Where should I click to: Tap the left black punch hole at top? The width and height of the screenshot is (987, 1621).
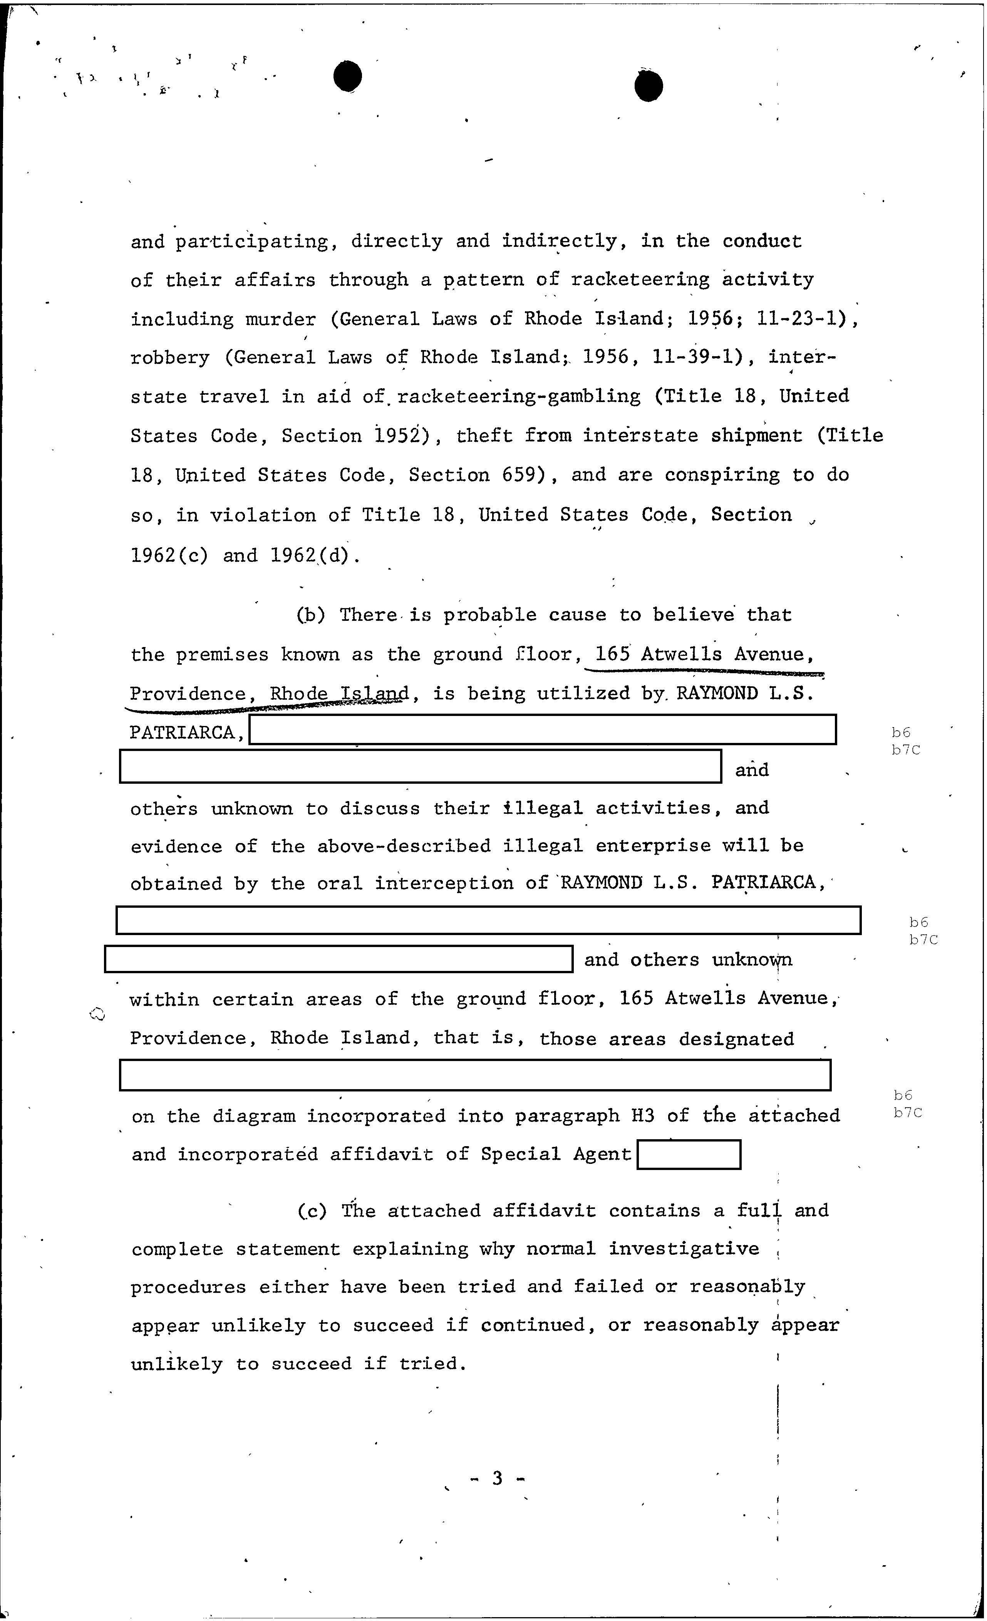347,77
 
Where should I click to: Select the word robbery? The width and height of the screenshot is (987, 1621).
170,359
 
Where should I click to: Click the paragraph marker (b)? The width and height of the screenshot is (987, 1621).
310,615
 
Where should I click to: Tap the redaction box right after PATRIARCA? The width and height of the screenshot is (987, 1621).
543,729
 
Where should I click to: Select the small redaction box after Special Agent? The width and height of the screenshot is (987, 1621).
688,1155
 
